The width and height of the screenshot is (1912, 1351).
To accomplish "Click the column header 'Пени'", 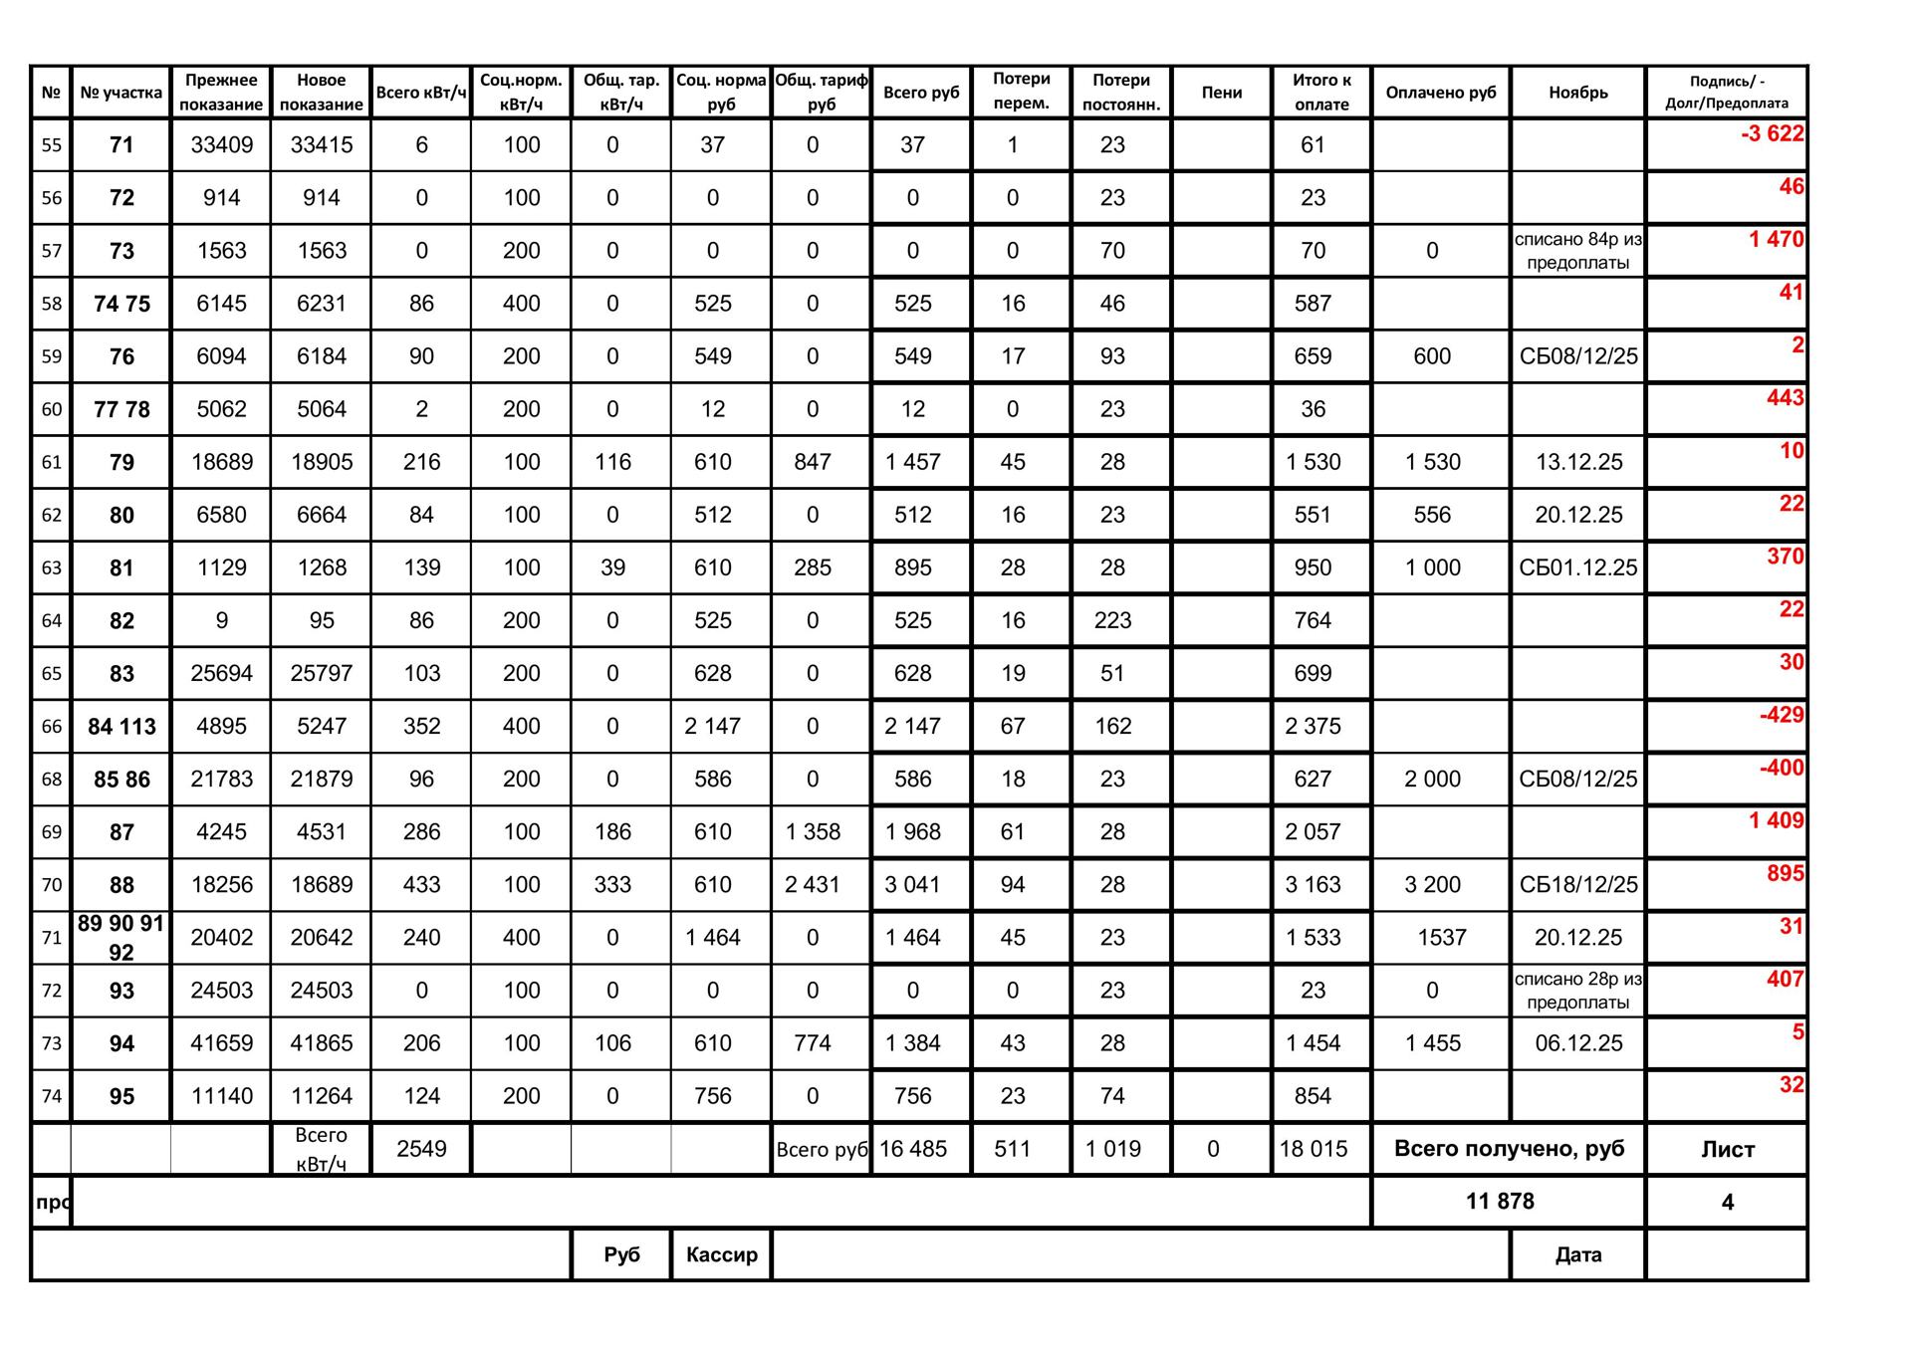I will coord(1221,93).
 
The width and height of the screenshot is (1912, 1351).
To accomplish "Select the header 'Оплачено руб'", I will coord(1440,93).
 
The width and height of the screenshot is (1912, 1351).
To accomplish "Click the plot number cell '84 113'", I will coord(121,727).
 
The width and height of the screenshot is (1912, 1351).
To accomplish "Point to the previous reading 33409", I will coord(221,145).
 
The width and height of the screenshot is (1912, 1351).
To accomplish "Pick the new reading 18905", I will coord(321,462).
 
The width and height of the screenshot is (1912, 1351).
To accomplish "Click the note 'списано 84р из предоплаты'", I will coord(1577,251).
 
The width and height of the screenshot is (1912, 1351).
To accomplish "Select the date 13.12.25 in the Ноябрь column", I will coord(1578,462).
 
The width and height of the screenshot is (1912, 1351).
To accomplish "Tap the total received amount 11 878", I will coord(1500,1202).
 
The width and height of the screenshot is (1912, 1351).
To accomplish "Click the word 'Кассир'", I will coord(721,1254).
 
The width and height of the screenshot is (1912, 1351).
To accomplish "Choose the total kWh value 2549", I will coord(421,1149).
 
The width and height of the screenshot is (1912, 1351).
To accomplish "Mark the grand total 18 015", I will coord(1313,1149).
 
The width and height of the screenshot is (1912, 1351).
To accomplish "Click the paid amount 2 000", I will coord(1432,780).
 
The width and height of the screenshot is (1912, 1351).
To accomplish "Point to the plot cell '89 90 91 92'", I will coord(121,938).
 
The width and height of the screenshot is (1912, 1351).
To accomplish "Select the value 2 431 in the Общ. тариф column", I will coord(813,885).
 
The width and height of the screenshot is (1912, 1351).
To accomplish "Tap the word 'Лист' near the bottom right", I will coord(1727,1149).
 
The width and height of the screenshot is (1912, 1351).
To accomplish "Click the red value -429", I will coord(1781,715).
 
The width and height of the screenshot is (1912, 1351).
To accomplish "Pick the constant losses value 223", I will coord(1112,621).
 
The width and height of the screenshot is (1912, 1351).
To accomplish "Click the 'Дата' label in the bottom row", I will coord(1577,1254).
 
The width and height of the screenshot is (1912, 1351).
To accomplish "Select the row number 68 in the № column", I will coord(52,780).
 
